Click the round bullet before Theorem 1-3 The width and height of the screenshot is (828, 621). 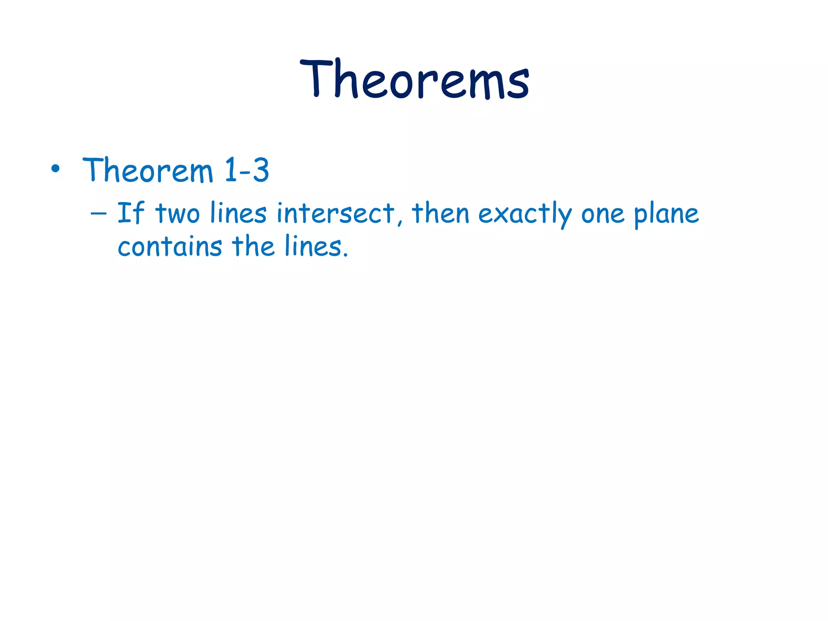click(x=56, y=169)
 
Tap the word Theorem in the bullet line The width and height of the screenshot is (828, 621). click(x=148, y=170)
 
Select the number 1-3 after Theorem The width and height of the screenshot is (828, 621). click(x=247, y=170)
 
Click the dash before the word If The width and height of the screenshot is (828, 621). click(x=99, y=213)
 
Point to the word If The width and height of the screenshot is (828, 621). click(x=131, y=213)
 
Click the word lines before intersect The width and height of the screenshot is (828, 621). click(x=238, y=213)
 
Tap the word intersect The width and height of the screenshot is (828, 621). click(x=336, y=213)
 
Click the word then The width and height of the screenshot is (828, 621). click(x=440, y=213)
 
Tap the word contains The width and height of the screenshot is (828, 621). click(x=170, y=246)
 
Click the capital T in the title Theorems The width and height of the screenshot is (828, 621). click(x=316, y=78)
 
